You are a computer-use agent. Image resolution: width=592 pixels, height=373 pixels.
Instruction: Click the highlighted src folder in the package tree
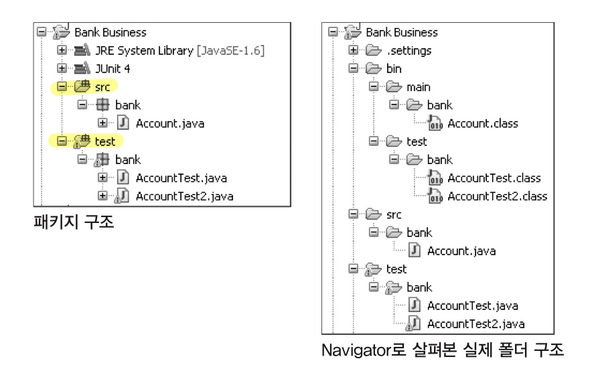(x=102, y=86)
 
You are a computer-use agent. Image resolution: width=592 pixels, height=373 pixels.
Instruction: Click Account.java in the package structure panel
(x=169, y=123)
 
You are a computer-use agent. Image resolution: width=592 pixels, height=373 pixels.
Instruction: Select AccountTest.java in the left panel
(x=181, y=178)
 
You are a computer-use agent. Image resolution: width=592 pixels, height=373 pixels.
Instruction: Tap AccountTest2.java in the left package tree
(x=184, y=196)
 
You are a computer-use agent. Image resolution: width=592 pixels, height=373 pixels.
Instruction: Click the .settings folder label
(x=409, y=50)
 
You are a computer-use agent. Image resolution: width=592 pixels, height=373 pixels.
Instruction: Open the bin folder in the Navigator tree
(x=393, y=68)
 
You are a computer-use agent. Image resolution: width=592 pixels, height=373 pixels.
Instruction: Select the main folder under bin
(x=418, y=87)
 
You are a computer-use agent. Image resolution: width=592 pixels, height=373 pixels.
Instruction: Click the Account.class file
(x=482, y=123)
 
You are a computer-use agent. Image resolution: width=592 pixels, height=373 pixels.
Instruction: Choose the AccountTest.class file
(x=494, y=178)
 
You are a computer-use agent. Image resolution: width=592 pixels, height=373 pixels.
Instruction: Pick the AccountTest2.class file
(x=497, y=196)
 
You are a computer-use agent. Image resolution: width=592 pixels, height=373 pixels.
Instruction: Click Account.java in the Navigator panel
(x=461, y=251)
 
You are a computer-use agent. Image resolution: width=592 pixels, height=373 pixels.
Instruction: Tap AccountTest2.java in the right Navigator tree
(x=475, y=324)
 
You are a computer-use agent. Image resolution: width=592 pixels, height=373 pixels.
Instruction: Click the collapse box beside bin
(x=354, y=68)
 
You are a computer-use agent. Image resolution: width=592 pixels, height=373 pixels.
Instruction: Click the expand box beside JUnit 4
(x=62, y=68)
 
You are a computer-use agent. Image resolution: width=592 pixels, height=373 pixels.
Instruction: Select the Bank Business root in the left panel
(x=110, y=32)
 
